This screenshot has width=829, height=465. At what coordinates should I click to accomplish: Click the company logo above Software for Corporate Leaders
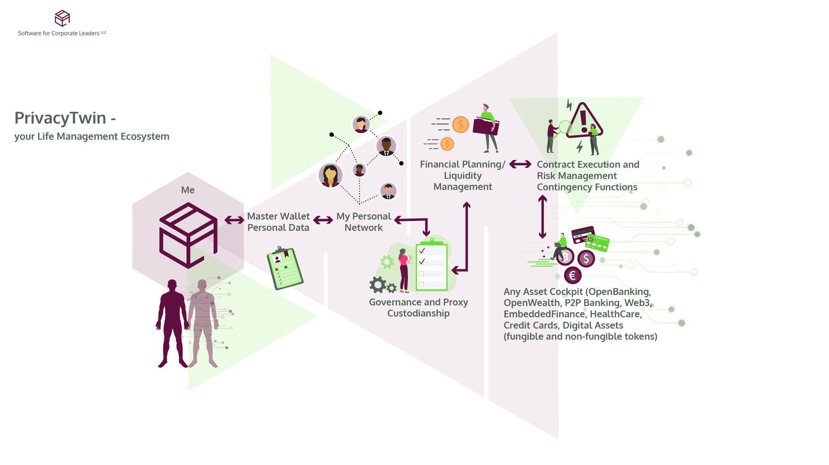(x=62, y=18)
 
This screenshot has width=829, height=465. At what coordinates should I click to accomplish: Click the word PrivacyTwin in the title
(x=60, y=118)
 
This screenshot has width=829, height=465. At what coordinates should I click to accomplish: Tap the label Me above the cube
(x=188, y=190)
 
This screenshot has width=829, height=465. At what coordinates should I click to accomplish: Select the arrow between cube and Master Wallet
(x=234, y=220)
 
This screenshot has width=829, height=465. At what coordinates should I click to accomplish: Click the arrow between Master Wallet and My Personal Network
(x=323, y=220)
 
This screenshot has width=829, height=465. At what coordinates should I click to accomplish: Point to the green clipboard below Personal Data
(x=285, y=268)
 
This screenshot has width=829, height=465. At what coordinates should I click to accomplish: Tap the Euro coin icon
(x=573, y=275)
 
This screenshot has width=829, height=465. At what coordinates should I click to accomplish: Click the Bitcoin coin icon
(x=565, y=257)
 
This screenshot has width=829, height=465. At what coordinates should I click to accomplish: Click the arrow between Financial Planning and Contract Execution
(x=520, y=164)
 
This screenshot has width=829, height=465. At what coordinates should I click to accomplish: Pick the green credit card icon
(x=598, y=243)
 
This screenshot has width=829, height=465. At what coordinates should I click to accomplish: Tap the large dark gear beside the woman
(x=378, y=284)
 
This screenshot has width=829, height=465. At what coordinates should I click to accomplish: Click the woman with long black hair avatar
(x=330, y=175)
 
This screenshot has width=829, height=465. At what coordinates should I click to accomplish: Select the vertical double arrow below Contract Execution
(x=543, y=217)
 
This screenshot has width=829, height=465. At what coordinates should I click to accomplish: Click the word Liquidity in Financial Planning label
(x=462, y=176)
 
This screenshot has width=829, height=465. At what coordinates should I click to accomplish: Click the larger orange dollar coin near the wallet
(x=460, y=124)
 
